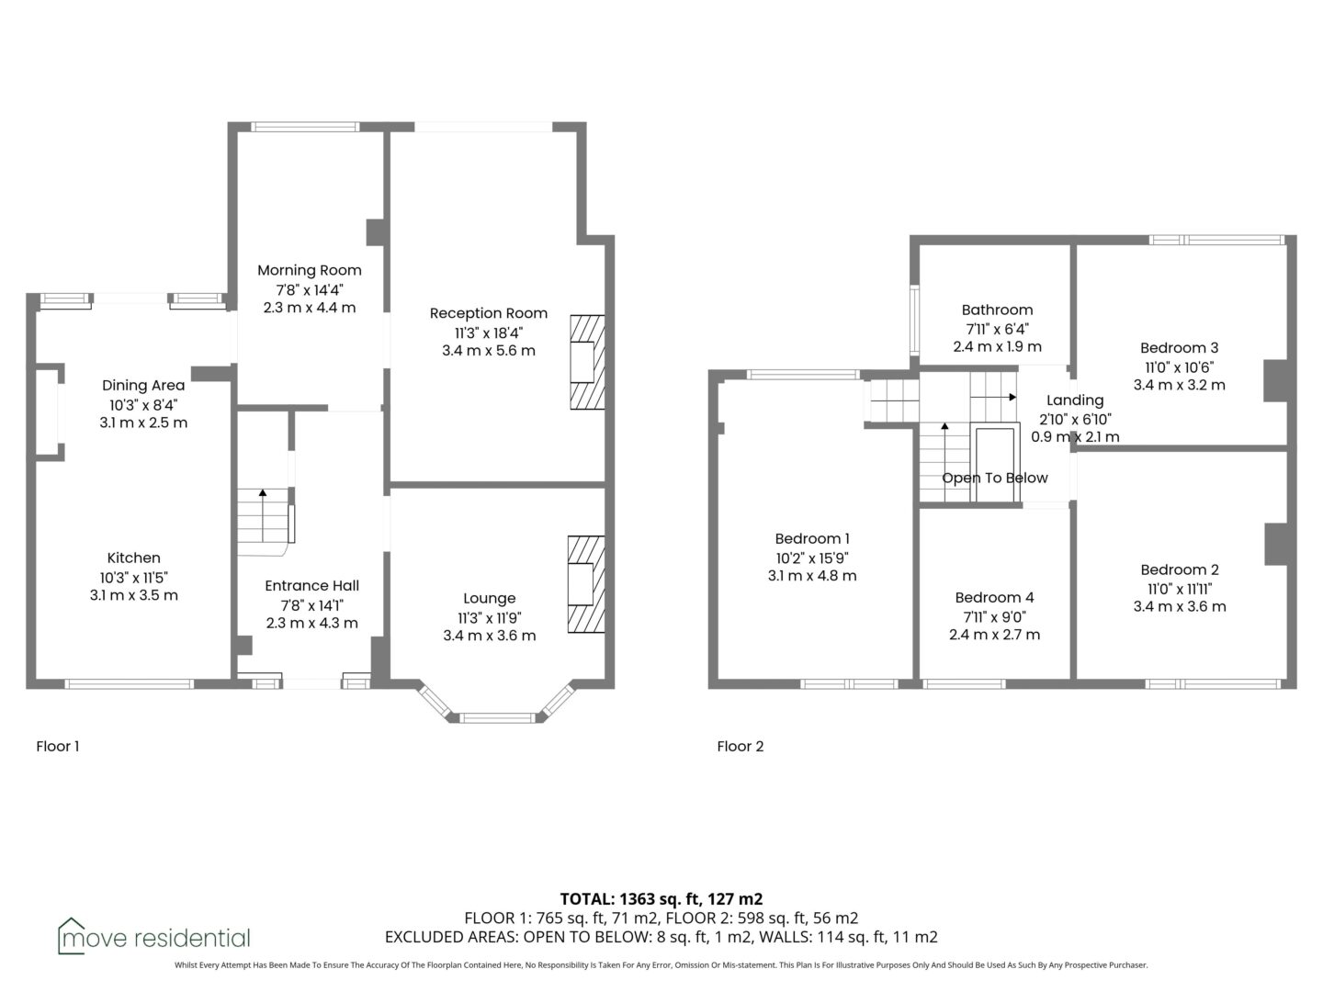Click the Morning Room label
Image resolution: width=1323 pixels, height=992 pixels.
click(x=310, y=270)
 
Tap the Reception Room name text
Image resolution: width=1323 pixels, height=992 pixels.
click(x=488, y=313)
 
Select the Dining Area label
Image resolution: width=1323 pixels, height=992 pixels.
click(x=143, y=386)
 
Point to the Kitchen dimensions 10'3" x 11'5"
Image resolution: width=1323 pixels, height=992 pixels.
click(x=134, y=578)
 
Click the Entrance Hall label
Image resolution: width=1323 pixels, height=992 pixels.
click(x=311, y=585)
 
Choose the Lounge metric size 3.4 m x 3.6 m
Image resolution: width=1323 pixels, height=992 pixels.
click(x=490, y=636)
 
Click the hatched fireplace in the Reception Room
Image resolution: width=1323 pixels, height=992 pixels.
click(x=587, y=362)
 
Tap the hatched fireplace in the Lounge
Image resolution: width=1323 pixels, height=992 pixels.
click(x=586, y=584)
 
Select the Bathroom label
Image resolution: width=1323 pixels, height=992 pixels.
click(x=997, y=310)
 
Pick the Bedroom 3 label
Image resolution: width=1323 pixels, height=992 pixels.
click(x=1179, y=348)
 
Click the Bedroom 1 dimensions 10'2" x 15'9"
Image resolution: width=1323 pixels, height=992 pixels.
click(x=812, y=558)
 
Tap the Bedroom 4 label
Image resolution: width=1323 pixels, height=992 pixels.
click(x=994, y=597)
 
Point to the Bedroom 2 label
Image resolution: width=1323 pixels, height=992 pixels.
click(x=1180, y=569)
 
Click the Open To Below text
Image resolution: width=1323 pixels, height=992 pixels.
click(x=994, y=479)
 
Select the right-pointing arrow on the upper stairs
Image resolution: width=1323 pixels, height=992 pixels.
click(x=993, y=397)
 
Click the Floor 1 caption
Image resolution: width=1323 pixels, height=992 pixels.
click(x=57, y=746)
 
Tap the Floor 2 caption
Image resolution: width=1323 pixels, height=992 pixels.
click(x=741, y=746)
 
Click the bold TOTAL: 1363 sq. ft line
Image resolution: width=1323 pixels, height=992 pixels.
click(x=661, y=899)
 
